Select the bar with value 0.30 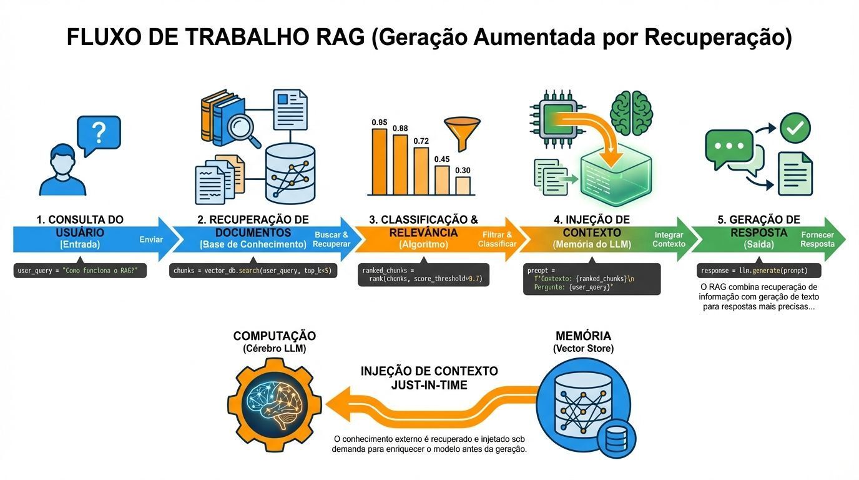[x=463, y=186]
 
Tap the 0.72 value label [x=421, y=141]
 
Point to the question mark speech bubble [x=98, y=134]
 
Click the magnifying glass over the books [x=240, y=131]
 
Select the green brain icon [x=632, y=111]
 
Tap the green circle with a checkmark [x=795, y=128]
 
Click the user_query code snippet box [x=80, y=271]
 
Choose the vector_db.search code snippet [x=253, y=271]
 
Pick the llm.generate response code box [x=758, y=271]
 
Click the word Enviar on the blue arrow [x=151, y=239]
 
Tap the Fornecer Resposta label [x=817, y=239]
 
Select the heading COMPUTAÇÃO [x=274, y=336]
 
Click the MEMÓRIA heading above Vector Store [x=583, y=336]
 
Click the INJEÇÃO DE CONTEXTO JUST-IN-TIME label [x=430, y=378]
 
